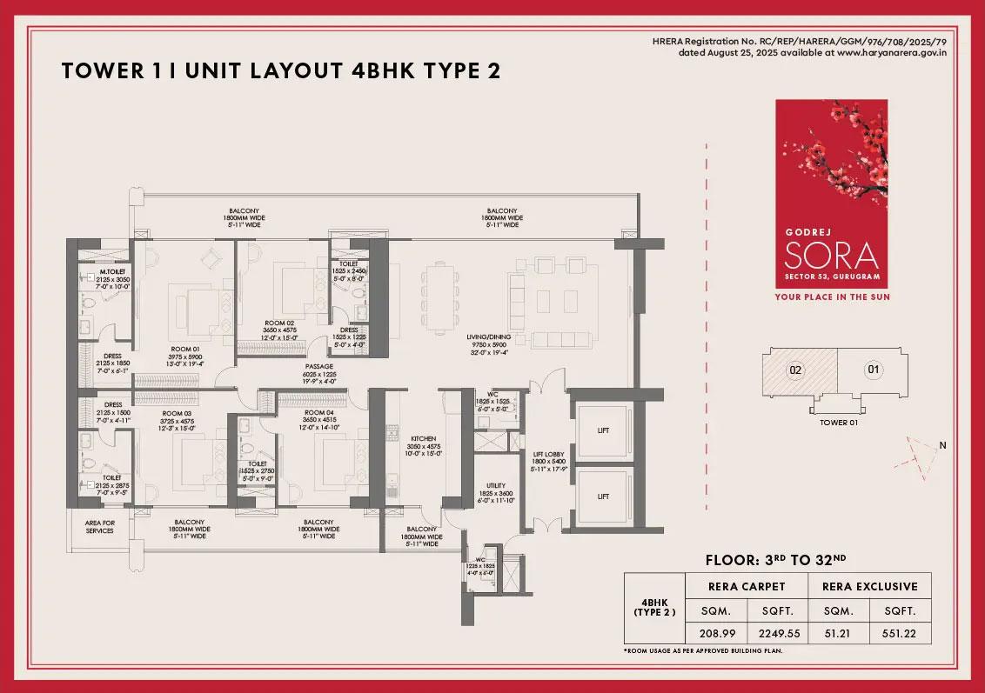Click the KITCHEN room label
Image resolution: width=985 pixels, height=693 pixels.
coord(422,439)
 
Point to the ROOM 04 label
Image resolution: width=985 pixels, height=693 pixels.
coord(318,412)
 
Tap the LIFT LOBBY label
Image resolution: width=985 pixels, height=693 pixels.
coord(550,453)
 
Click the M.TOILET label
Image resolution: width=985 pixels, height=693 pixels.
coord(112,271)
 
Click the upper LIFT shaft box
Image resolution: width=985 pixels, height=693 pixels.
coord(603,429)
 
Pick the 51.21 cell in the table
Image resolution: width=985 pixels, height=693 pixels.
coord(839,632)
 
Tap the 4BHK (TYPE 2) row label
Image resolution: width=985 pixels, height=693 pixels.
coord(653,610)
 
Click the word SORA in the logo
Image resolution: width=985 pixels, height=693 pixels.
coord(831,256)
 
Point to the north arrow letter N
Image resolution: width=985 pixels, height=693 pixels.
coord(942,446)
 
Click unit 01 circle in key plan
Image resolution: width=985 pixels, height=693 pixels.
coord(873,370)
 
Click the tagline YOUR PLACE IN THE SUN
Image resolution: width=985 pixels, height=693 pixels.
coord(832,297)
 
